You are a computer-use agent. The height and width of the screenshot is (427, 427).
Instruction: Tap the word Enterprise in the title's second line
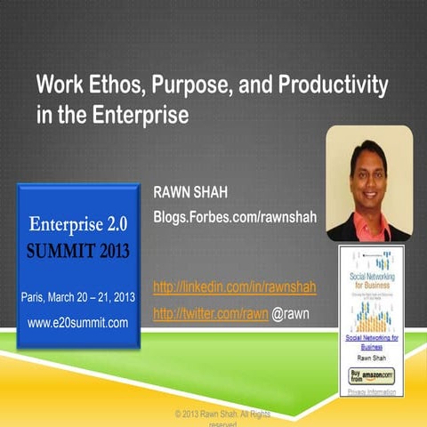click(146, 115)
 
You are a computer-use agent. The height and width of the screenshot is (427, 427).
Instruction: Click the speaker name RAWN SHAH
click(192, 192)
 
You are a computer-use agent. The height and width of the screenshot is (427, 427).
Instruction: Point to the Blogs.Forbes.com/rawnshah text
click(236, 217)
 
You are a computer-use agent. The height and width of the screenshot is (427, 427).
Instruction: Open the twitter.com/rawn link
click(211, 314)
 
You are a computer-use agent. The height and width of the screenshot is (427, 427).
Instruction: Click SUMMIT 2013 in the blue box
click(78, 251)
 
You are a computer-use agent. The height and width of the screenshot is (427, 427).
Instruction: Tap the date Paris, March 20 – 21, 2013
click(77, 296)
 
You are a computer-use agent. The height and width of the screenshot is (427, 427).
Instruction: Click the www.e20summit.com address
click(77, 322)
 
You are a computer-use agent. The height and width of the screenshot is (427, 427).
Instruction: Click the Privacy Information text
click(372, 390)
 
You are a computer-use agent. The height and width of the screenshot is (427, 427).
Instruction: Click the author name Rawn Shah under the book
click(372, 358)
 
